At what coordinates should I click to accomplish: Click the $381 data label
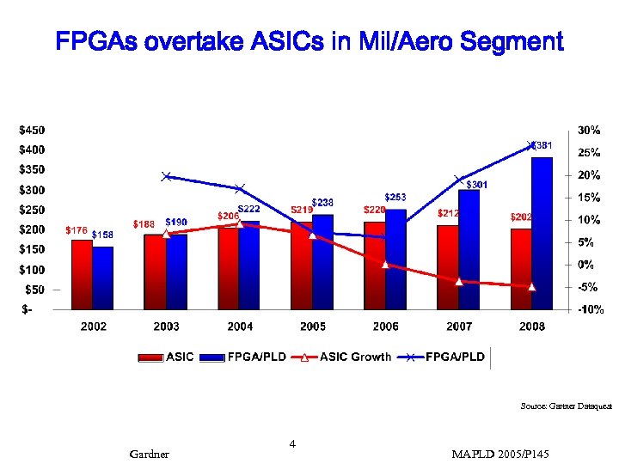[x=542, y=146]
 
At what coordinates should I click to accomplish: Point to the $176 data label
[x=77, y=230]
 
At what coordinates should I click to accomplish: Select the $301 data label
[x=477, y=185]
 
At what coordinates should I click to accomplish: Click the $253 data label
[x=395, y=198]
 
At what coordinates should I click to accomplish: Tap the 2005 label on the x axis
[x=313, y=327]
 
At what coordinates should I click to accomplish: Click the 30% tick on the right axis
[x=589, y=131]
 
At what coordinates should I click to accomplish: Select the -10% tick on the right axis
[x=588, y=309]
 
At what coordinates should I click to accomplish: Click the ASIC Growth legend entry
[x=354, y=357]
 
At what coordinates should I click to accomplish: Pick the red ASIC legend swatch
[x=151, y=357]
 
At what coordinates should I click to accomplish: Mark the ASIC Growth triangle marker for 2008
[x=532, y=286]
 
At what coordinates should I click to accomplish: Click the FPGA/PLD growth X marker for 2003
[x=166, y=176]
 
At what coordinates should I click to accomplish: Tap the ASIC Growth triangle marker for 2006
[x=386, y=265]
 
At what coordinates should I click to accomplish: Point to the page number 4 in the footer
[x=292, y=444]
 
